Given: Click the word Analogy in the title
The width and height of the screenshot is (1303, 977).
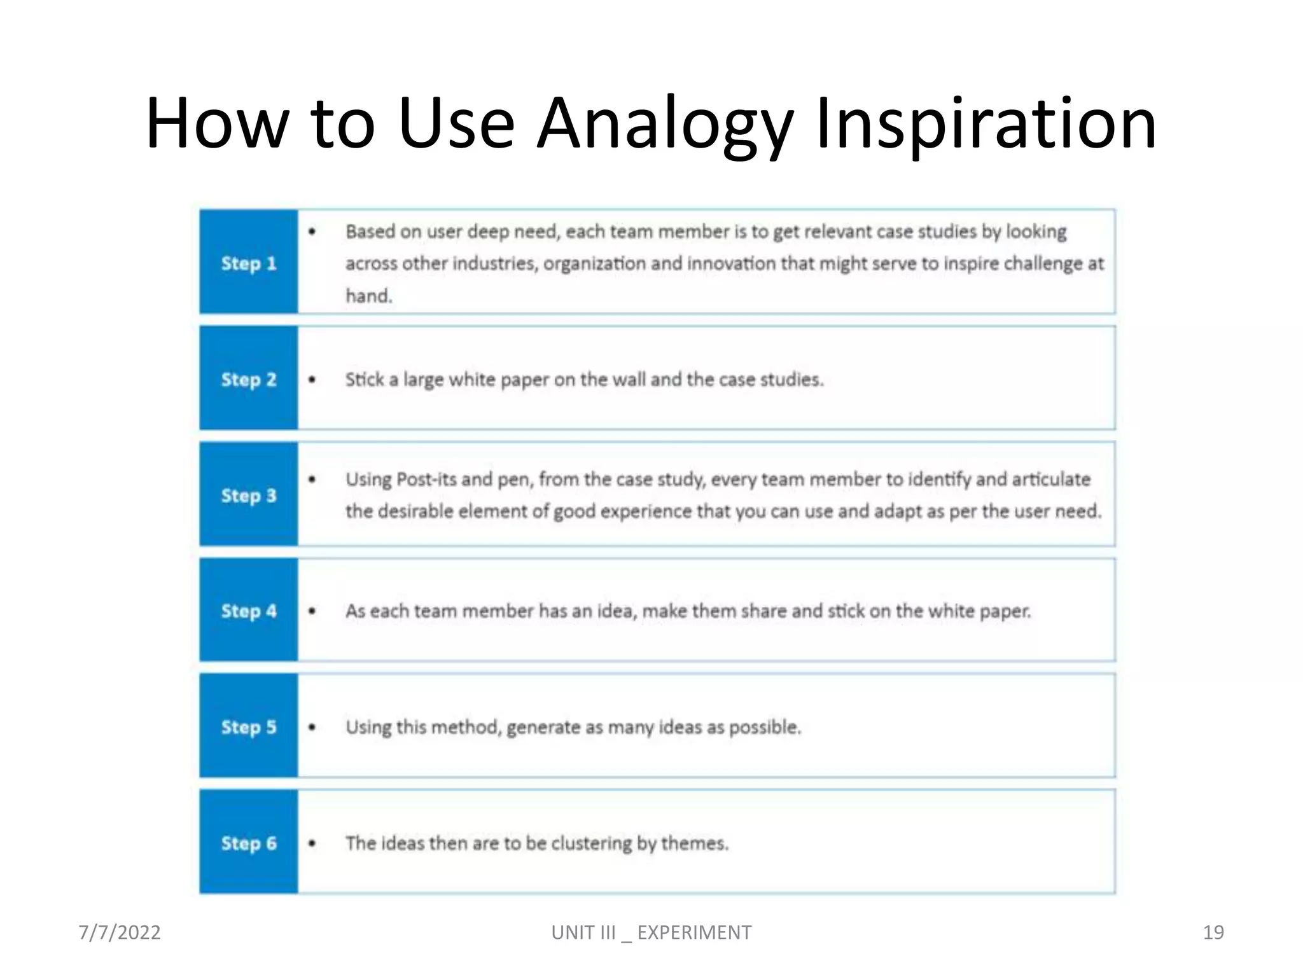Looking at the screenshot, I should click(x=664, y=124).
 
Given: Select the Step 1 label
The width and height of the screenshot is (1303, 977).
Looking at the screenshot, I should click(x=249, y=263).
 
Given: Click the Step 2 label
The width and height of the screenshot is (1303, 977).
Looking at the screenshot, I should click(x=249, y=380).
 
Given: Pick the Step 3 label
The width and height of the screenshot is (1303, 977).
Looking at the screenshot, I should click(x=249, y=495).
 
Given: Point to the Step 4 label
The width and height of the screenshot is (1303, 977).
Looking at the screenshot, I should click(x=249, y=611).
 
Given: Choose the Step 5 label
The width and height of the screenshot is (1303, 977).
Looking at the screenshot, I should click(x=249, y=727).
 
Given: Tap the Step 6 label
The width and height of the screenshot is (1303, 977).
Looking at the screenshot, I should click(x=249, y=843).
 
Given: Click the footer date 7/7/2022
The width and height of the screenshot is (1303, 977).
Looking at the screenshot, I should click(x=120, y=932).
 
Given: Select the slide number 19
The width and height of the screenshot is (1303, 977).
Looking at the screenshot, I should click(x=1213, y=932).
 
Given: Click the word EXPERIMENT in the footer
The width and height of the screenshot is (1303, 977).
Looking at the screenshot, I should click(x=694, y=932).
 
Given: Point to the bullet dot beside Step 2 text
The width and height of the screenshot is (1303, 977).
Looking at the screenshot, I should click(x=312, y=380).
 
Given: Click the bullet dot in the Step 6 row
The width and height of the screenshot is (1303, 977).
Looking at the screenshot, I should click(x=312, y=843).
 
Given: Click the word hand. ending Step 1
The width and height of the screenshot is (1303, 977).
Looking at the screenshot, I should click(x=369, y=296).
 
